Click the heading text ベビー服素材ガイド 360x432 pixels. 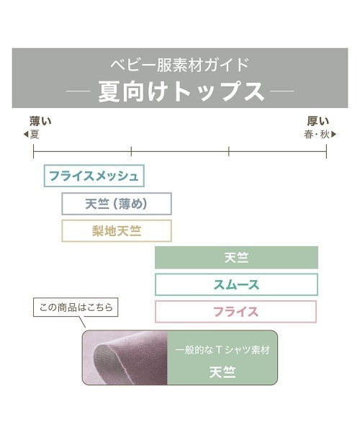pos(180,65)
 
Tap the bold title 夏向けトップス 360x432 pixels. pos(181,91)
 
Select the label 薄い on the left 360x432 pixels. pos(40,121)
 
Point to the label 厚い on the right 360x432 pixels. pos(318,121)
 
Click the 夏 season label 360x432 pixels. pos(35,135)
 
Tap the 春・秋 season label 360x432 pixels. pos(317,135)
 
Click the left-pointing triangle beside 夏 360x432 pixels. pos(26,135)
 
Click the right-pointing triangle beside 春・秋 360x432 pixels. pos(333,135)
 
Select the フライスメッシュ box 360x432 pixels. pos(94,176)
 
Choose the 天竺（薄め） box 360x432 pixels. pos(117,204)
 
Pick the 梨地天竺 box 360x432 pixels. pos(117,231)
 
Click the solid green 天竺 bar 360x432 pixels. pos(236,258)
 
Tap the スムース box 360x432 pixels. pos(236,284)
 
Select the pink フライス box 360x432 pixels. pos(235,312)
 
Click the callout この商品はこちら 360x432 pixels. pos(76,307)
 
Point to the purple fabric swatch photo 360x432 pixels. pos(125,358)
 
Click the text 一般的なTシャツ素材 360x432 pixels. pos(222,350)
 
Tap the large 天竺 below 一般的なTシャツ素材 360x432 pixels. pos(222,372)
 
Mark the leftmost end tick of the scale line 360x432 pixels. pos(33,151)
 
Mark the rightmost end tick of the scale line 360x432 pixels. pos(326,151)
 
